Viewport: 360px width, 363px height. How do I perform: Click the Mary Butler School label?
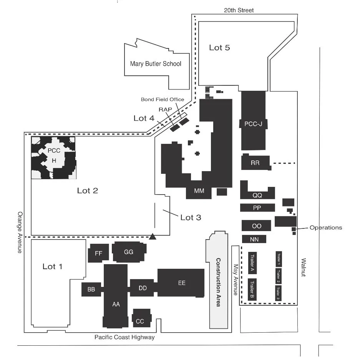(x=156, y=64)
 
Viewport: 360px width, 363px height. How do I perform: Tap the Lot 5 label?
(x=219, y=48)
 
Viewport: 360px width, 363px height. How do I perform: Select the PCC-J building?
(x=253, y=123)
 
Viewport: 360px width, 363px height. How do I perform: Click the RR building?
(x=255, y=163)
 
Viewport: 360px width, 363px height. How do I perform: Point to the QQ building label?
(x=257, y=195)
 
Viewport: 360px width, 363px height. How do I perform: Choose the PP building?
(x=257, y=208)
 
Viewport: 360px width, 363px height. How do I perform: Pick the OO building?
(x=256, y=226)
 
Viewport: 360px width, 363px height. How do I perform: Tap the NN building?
(x=254, y=239)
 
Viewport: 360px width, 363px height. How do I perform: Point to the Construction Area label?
(x=218, y=282)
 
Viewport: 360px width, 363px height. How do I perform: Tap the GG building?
(x=129, y=252)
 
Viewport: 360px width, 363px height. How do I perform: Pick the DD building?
(x=142, y=288)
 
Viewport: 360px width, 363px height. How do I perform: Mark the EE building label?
(x=181, y=283)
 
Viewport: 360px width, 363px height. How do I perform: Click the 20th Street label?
(x=239, y=10)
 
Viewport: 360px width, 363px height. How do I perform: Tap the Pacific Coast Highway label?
(x=124, y=337)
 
